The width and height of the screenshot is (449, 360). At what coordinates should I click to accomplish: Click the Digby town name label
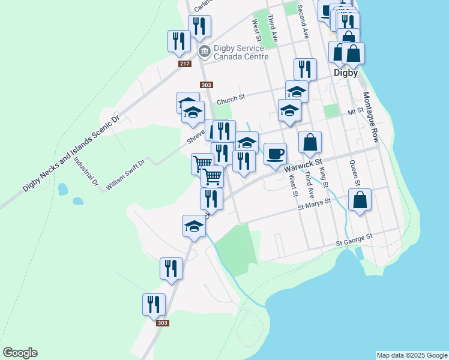[345, 73]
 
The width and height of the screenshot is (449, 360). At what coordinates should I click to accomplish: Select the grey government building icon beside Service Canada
[204, 52]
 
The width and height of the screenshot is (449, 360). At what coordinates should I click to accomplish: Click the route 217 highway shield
[185, 64]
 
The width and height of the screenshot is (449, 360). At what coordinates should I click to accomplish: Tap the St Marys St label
[315, 204]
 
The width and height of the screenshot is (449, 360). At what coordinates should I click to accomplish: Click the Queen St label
[354, 173]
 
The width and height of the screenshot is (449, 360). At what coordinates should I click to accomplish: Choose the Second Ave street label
[304, 24]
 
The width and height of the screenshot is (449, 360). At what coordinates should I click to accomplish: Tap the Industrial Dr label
[85, 171]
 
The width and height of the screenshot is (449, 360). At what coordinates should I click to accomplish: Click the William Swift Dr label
[125, 175]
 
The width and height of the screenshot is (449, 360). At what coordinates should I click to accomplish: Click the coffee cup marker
[275, 154]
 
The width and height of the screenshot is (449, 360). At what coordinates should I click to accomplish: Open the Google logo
[20, 353]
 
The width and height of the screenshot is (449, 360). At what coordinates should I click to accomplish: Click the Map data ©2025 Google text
[412, 355]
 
